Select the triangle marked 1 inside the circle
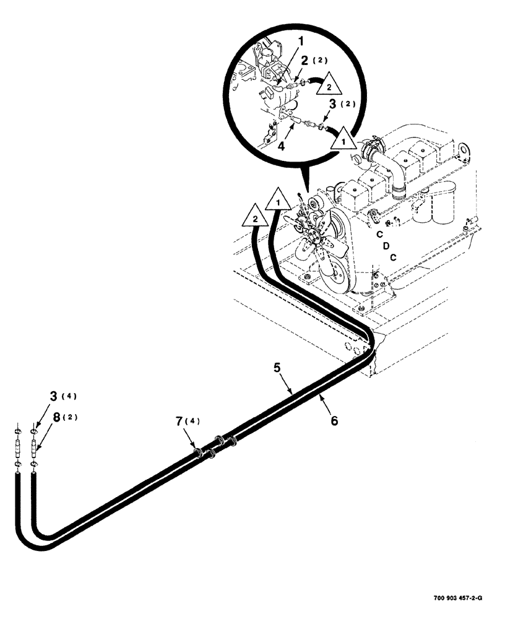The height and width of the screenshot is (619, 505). pyautogui.click(x=342, y=142)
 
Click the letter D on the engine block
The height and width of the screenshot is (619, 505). pyautogui.click(x=386, y=246)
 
